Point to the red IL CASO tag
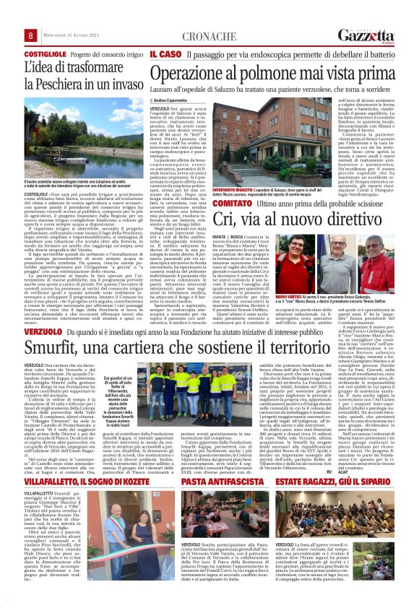click(165, 54)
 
